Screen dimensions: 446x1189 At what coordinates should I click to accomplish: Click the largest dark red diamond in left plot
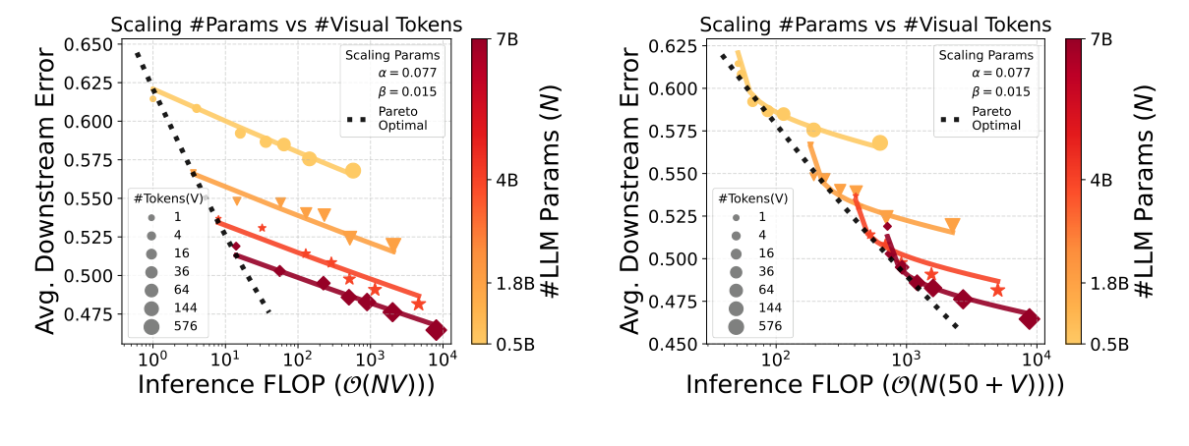coord(437,330)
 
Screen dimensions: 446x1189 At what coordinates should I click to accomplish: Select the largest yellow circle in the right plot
coord(880,143)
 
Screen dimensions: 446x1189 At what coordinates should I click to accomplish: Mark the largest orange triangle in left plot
coord(393,245)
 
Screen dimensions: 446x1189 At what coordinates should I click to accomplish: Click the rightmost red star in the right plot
coord(997,290)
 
